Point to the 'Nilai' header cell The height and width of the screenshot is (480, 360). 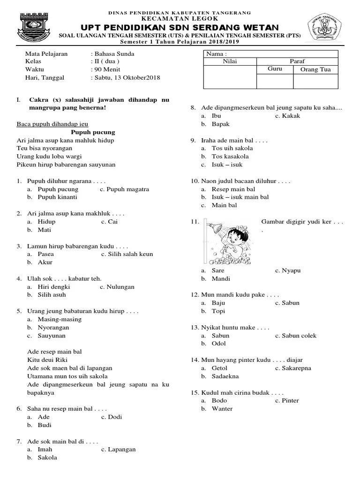click(x=230, y=61)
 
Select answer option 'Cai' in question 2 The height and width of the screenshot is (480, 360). click(x=112, y=222)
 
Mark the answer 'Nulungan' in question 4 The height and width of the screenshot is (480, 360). click(x=120, y=286)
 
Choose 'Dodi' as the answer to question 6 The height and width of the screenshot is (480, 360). click(x=115, y=417)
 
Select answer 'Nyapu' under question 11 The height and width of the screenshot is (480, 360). click(x=291, y=270)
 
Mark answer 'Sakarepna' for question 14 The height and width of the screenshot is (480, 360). click(x=296, y=368)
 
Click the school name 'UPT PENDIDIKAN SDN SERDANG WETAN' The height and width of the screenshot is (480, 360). click(x=180, y=28)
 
